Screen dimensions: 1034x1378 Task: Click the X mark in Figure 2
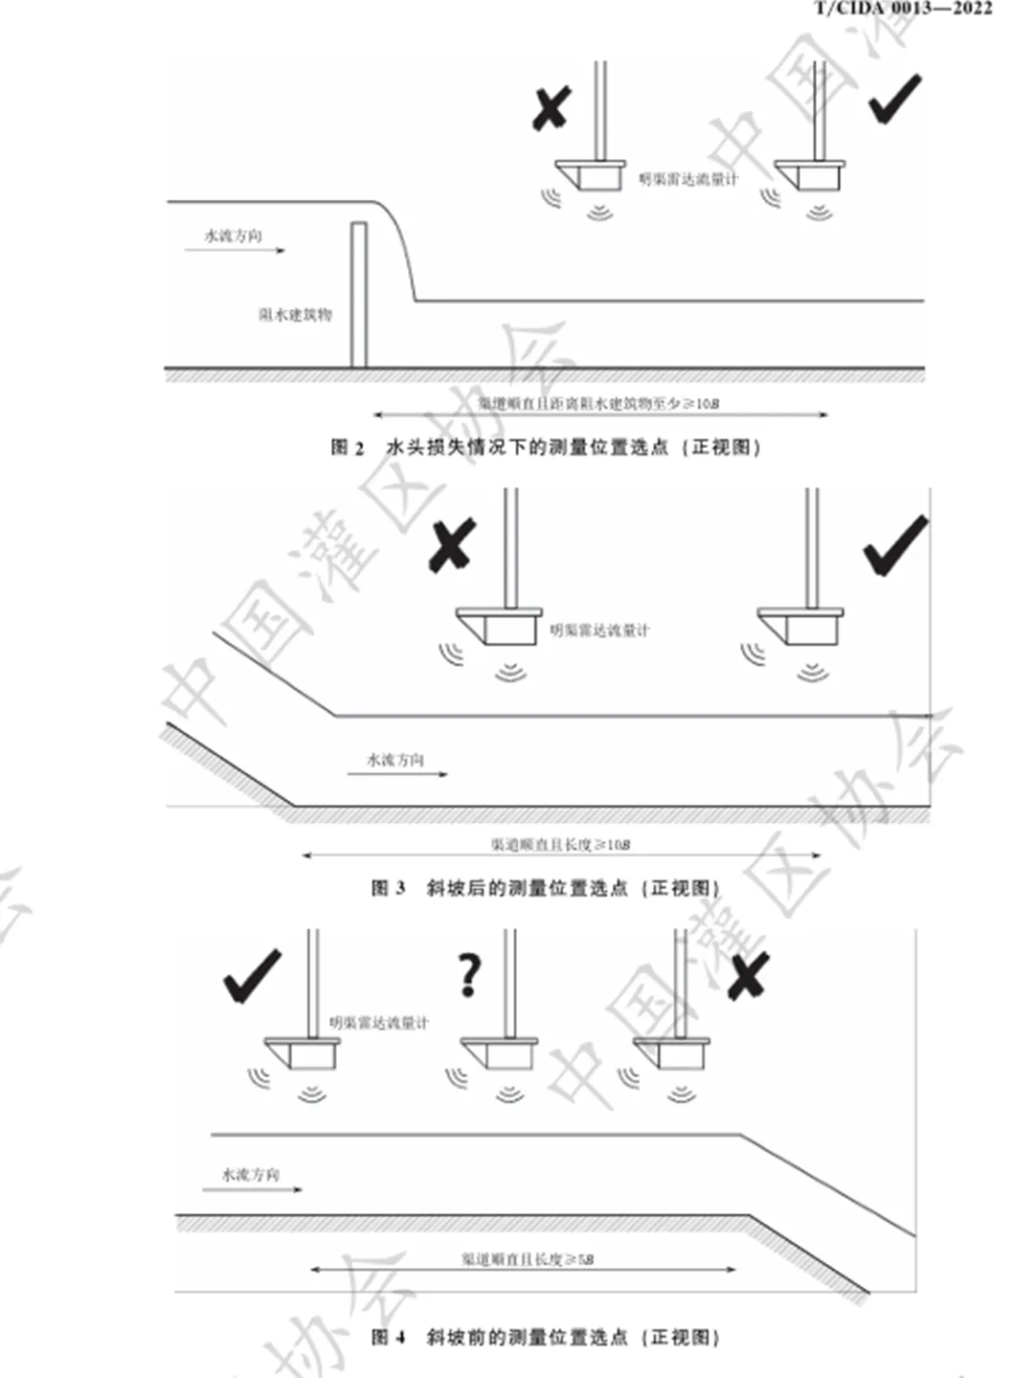click(551, 107)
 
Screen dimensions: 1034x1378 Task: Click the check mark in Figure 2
click(895, 100)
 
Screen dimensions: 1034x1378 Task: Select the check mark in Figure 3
click(896, 546)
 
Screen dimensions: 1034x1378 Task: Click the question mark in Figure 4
click(468, 975)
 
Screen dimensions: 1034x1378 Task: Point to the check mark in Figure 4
click(252, 976)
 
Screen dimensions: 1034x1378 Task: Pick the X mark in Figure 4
click(747, 976)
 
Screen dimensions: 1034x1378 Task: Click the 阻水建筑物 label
click(295, 315)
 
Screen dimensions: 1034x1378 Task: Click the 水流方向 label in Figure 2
click(233, 235)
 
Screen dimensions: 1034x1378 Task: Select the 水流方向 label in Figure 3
click(395, 760)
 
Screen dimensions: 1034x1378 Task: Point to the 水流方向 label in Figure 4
click(251, 1174)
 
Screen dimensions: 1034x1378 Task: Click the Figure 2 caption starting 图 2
click(545, 447)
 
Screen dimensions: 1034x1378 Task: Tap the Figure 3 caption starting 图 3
click(545, 888)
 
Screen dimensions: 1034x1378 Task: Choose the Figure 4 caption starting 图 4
click(545, 1337)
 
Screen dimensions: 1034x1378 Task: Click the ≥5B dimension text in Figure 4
click(528, 1259)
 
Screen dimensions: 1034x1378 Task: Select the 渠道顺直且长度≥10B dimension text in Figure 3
click(560, 844)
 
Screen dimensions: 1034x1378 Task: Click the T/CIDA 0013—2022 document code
click(903, 9)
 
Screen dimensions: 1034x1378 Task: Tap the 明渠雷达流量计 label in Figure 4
click(379, 1023)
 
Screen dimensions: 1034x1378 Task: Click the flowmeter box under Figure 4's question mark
click(508, 1055)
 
